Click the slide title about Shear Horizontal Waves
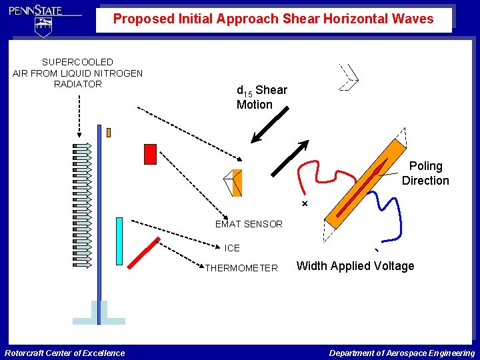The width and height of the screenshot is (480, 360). (x=273, y=19)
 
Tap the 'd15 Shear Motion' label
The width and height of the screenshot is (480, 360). (x=261, y=97)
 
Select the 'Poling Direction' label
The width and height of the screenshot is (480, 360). (x=425, y=173)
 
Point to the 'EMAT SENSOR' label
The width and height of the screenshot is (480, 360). (x=249, y=224)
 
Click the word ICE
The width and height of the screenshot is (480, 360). (x=232, y=248)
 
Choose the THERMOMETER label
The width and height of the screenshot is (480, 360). (x=241, y=268)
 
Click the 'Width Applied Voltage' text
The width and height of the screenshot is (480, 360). (x=355, y=266)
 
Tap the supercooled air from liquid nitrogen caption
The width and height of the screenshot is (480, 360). (x=77, y=73)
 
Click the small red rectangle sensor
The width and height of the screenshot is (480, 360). (x=150, y=154)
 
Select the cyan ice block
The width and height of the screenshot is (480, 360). (x=119, y=241)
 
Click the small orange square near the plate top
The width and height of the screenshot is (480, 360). (x=109, y=132)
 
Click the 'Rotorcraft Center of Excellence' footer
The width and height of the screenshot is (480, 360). (x=65, y=353)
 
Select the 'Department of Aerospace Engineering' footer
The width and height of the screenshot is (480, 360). (x=402, y=353)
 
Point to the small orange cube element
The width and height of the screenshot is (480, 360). (x=234, y=183)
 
